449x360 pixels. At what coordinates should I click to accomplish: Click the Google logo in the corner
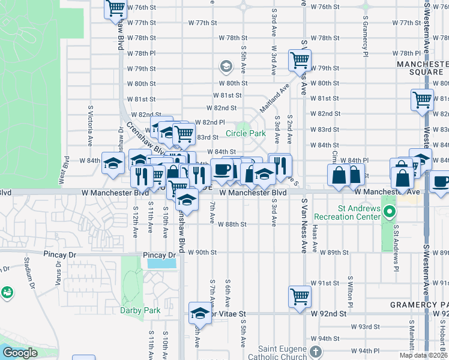click(x=20, y=352)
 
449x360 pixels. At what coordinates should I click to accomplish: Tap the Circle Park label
click(x=246, y=133)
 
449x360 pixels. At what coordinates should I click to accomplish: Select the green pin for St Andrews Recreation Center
click(x=390, y=211)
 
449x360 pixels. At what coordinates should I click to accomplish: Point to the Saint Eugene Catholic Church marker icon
click(x=316, y=352)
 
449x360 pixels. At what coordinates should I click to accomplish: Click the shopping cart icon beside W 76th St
click(x=115, y=8)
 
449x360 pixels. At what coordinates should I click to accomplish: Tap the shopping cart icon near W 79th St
click(x=299, y=59)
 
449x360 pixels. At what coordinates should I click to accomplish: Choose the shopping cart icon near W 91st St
click(x=299, y=295)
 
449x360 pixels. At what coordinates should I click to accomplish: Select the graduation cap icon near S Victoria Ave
click(x=112, y=163)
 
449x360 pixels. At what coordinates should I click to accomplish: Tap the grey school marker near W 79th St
click(x=226, y=65)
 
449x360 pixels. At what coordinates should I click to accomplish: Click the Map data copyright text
click(x=423, y=355)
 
